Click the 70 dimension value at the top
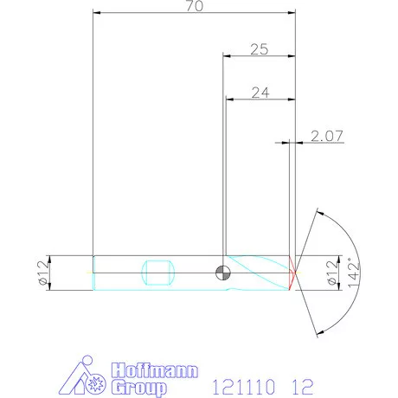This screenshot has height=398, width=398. pos(194,7)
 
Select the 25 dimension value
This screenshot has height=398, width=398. pos(259,49)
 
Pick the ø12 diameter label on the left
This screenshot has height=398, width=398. pos(41,271)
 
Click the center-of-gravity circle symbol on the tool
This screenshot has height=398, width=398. pos(222,272)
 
